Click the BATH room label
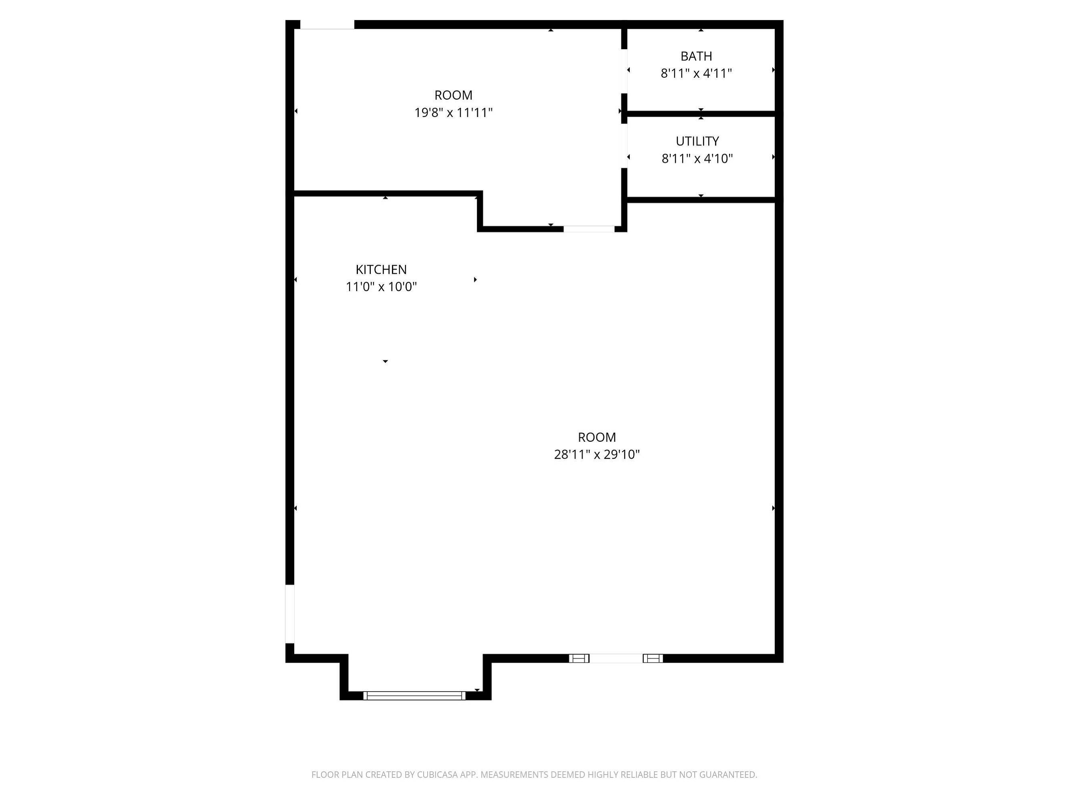coord(696,56)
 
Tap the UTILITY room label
coord(697,141)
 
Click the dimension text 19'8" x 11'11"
coord(453,113)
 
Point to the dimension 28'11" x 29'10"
coord(597,455)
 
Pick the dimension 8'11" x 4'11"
coord(696,73)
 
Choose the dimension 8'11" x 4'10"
coord(697,159)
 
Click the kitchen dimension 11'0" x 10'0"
coord(381,287)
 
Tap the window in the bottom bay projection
coord(414,696)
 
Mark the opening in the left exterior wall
coord(290,614)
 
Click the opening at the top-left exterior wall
coord(327,25)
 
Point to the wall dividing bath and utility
coord(701,114)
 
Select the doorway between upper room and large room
coord(589,229)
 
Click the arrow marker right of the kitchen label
coord(476,280)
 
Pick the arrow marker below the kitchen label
coord(385,361)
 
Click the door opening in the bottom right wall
coord(616,658)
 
